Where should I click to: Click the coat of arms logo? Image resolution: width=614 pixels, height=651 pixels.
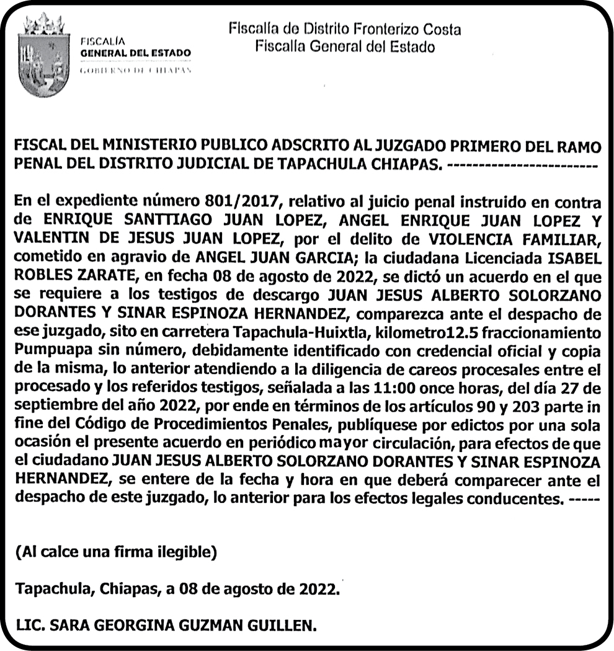(x=43, y=56)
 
